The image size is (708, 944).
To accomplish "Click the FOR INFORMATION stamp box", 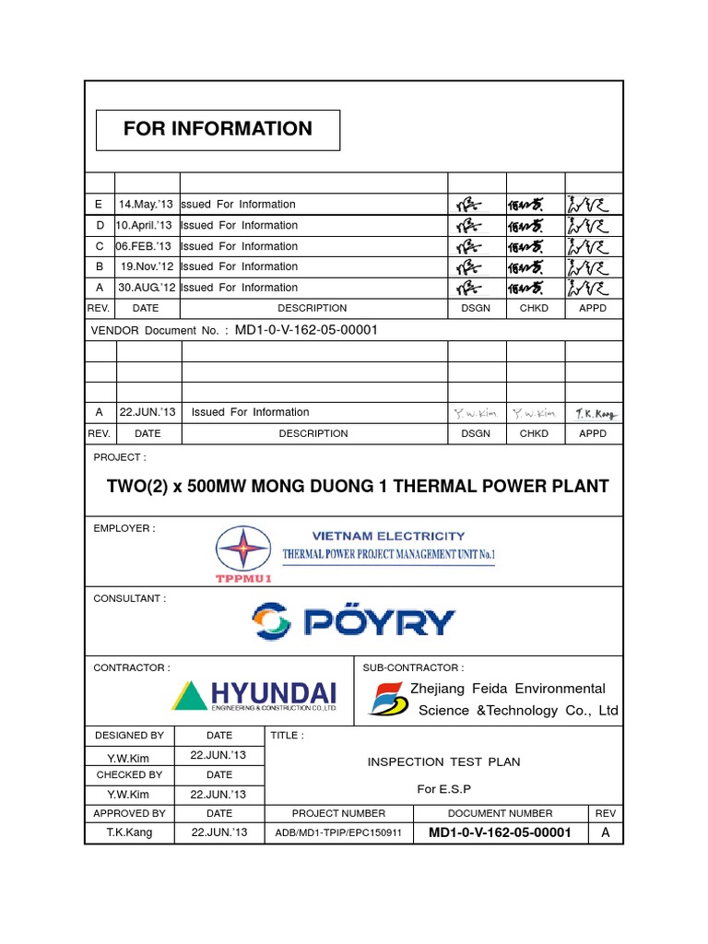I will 218,130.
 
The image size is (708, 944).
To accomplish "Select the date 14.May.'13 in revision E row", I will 146,205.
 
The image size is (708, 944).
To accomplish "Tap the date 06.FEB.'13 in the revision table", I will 145,246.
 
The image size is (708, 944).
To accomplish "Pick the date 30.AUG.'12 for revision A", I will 145,288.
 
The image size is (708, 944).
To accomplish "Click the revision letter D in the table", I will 100,226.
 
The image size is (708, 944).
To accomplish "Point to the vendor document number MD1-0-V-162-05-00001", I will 307,329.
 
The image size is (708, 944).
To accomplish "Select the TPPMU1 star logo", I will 242,550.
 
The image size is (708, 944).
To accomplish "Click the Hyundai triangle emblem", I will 190,696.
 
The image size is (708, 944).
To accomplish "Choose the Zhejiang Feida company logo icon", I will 388,700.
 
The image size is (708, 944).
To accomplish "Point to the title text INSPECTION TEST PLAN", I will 443,761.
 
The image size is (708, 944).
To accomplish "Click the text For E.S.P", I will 443,789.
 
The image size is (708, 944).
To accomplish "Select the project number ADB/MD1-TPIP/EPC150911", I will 338,833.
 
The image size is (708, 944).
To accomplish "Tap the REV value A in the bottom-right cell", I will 606,832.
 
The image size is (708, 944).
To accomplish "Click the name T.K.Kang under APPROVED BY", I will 129,832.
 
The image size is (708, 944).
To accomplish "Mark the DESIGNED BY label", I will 129,736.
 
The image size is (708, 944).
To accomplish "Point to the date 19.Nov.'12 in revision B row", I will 146,266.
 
